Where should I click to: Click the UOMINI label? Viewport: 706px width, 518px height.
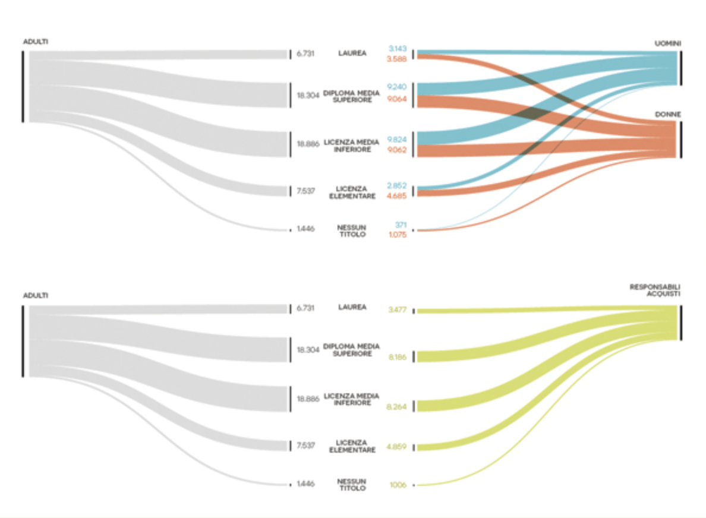tap(668, 43)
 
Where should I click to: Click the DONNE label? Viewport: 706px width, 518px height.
tap(668, 113)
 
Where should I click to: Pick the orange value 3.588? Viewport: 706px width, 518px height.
tap(396, 59)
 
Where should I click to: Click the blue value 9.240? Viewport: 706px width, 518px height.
tap(396, 87)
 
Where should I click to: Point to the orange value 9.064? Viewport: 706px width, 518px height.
tap(396, 99)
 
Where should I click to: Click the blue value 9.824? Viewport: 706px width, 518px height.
tap(396, 139)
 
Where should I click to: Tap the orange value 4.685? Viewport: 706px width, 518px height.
tap(396, 195)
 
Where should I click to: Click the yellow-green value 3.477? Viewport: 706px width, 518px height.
tap(396, 310)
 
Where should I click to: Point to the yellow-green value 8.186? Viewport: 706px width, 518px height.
tap(396, 358)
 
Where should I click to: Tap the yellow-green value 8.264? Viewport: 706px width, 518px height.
tap(396, 407)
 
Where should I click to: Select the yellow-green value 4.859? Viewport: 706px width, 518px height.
tap(396, 447)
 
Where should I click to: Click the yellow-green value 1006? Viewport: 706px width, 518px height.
tap(398, 485)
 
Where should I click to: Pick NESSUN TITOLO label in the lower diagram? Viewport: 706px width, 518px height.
tap(352, 484)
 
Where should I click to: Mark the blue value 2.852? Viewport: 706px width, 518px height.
tap(396, 185)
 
